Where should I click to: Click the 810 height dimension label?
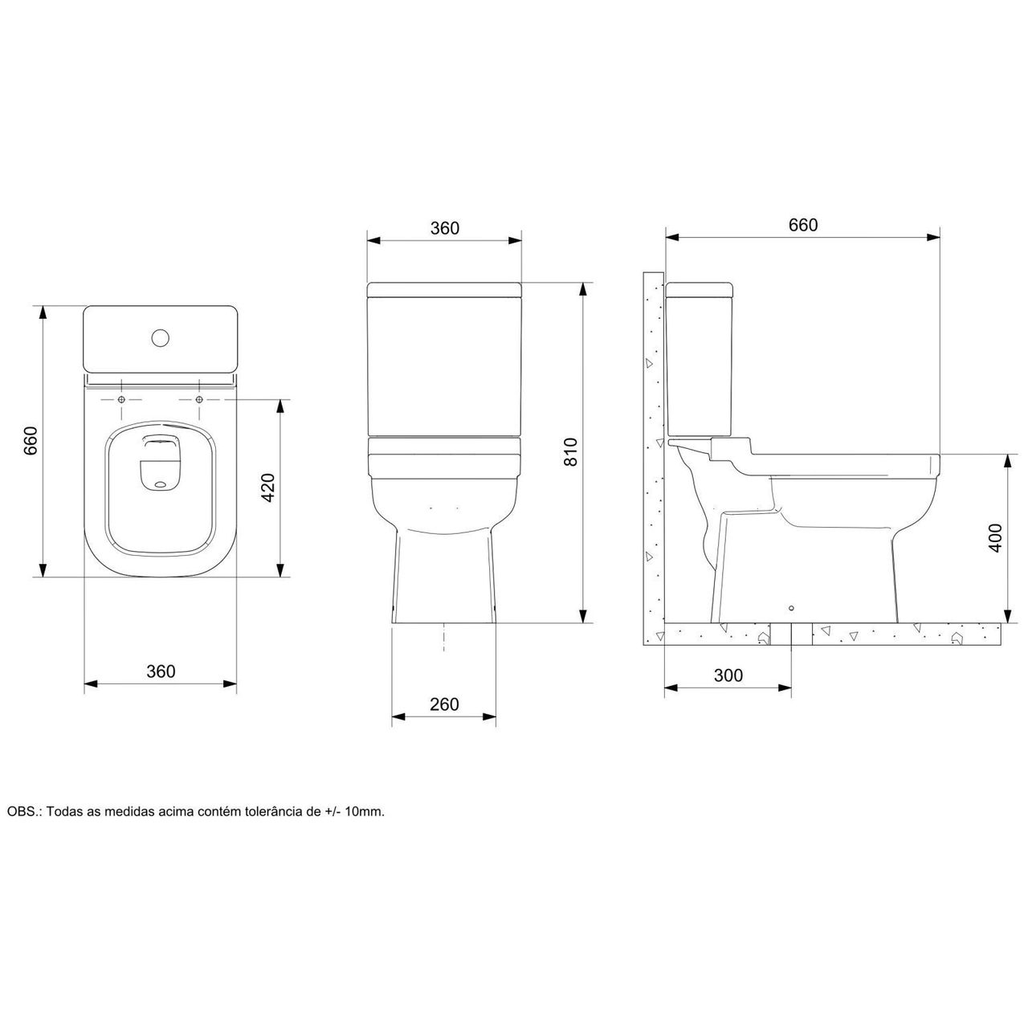(x=570, y=452)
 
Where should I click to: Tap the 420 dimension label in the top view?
(x=267, y=487)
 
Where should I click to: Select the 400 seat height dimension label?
(x=995, y=538)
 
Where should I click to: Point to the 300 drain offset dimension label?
(x=728, y=675)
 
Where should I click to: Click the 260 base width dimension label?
(x=444, y=704)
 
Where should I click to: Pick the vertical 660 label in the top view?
(x=31, y=441)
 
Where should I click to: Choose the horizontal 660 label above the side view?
(x=803, y=225)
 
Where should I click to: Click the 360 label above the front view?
(x=444, y=228)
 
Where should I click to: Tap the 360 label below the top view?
(x=161, y=671)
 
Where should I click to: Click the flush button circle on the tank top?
(x=160, y=337)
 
